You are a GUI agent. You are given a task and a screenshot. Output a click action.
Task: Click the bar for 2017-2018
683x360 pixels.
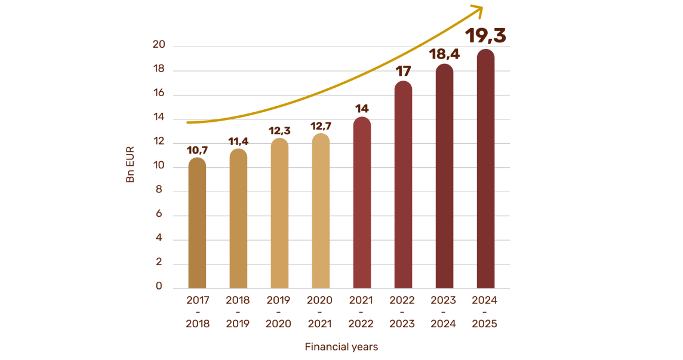(x=197, y=224)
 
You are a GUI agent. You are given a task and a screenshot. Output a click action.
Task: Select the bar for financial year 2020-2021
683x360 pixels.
(x=321, y=212)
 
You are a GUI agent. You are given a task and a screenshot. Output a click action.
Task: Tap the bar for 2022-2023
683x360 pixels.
(x=404, y=185)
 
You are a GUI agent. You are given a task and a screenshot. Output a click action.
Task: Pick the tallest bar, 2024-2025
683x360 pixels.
(x=485, y=170)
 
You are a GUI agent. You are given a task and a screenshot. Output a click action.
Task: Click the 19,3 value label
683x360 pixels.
(x=485, y=36)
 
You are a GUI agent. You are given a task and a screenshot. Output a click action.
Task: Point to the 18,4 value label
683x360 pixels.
(x=444, y=56)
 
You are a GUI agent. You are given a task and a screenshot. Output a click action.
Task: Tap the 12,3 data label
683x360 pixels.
(x=279, y=130)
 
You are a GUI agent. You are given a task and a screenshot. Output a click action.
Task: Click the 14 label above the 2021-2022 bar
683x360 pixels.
(x=362, y=109)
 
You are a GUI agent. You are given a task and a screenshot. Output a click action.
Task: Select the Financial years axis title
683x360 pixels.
(x=341, y=346)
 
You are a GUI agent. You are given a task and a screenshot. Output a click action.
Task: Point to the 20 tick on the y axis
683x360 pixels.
(x=159, y=46)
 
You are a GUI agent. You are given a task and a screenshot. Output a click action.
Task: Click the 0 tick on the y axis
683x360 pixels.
(x=159, y=287)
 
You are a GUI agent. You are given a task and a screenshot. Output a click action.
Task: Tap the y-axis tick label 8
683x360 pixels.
(x=159, y=191)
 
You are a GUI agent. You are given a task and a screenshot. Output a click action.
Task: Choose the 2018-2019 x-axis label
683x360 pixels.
(x=238, y=312)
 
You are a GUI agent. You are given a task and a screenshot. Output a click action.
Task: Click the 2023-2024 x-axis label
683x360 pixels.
(x=444, y=312)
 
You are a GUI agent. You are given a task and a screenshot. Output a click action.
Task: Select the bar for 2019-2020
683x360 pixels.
(x=279, y=215)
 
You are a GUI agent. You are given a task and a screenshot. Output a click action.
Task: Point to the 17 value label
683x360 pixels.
(x=404, y=72)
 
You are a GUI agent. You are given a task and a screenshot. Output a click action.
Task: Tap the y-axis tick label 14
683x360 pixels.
(x=159, y=119)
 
